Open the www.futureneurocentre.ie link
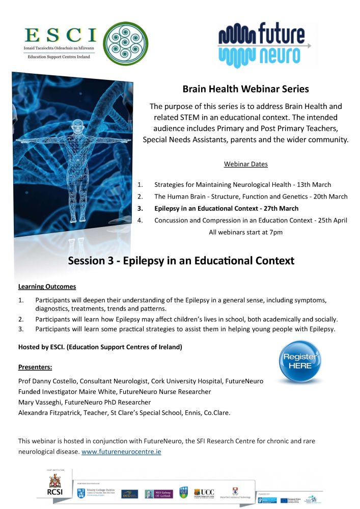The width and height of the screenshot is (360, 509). [x=121, y=451]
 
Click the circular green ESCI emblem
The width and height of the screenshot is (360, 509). [x=126, y=44]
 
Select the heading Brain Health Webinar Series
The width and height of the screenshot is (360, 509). [x=245, y=89]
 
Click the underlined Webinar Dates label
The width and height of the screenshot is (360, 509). [x=245, y=164]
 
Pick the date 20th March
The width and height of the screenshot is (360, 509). [x=330, y=196]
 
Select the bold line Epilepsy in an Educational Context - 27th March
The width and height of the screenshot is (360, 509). [x=233, y=208]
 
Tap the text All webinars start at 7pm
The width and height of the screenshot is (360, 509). [x=245, y=233]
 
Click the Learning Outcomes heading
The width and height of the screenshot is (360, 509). [x=47, y=287]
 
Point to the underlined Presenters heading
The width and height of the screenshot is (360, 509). [x=35, y=367]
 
